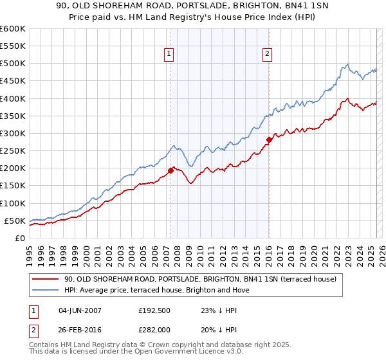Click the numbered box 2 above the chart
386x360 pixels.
tap(266, 55)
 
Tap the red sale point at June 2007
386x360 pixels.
tap(171, 170)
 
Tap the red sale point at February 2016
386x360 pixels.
tap(269, 139)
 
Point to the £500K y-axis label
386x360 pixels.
tap(12, 64)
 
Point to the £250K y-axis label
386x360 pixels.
tap(12, 151)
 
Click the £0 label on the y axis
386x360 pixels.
tap(19, 238)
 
